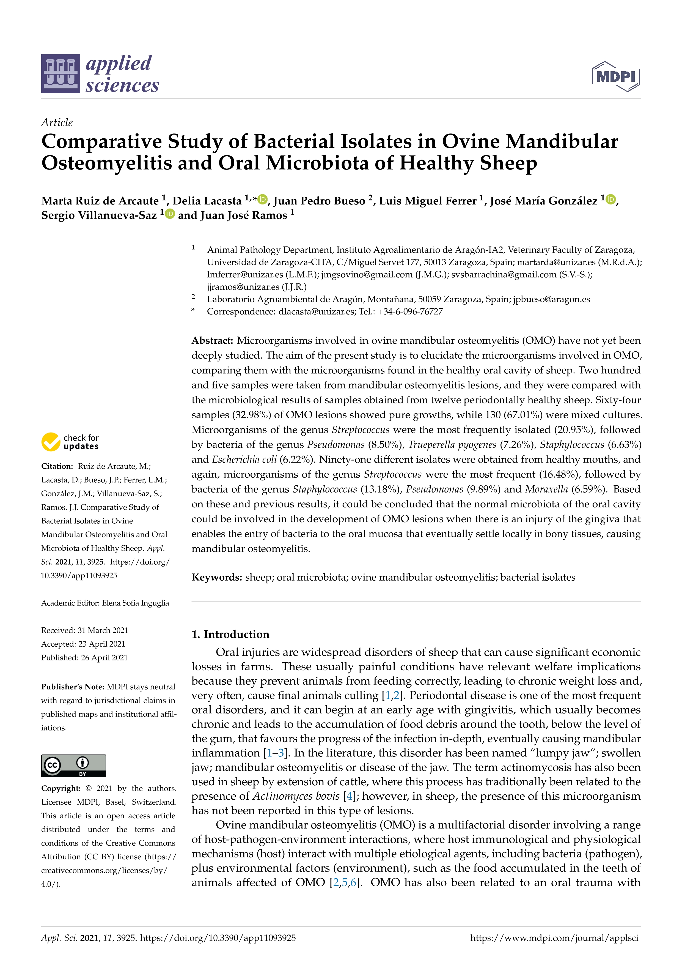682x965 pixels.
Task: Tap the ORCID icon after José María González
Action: tap(611, 199)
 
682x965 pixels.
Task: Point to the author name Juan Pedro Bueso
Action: tap(319, 201)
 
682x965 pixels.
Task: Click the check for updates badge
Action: tap(70, 442)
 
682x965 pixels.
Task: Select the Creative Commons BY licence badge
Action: tap(73, 765)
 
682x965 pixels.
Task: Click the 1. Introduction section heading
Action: tap(230, 634)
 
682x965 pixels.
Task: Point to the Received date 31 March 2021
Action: tap(103, 630)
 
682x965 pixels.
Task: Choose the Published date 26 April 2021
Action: tap(104, 657)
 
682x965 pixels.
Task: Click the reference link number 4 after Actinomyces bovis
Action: tap(349, 796)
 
